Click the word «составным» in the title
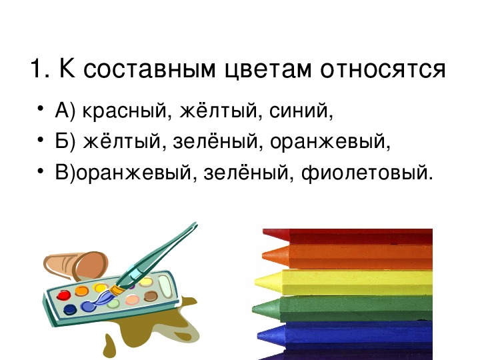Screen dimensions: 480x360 [x=149, y=69]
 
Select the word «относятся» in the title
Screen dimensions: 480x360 [x=383, y=69]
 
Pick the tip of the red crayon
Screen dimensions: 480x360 [x=264, y=233]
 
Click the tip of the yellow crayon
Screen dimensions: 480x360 [x=255, y=281]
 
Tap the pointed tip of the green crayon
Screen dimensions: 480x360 [x=253, y=309]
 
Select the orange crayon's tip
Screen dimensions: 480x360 [x=263, y=255]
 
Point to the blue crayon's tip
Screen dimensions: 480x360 [x=258, y=335]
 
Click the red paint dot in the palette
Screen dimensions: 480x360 [x=64, y=295]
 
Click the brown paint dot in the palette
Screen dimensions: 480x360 [x=151, y=296]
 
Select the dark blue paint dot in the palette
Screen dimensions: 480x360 [x=70, y=309]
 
